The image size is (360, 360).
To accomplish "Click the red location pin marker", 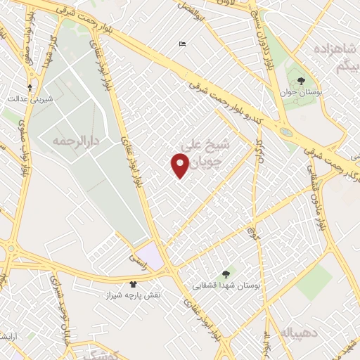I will click(180, 165).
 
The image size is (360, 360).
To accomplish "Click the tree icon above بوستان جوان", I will click(302, 82).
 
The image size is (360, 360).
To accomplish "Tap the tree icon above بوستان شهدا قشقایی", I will click(225, 274).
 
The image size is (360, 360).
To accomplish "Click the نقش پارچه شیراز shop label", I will click(134, 295).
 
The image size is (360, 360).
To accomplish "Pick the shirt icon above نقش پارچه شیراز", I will click(134, 284).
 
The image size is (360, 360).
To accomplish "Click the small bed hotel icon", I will click(183, 44).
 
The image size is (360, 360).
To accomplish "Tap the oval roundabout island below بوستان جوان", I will click(286, 131).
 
